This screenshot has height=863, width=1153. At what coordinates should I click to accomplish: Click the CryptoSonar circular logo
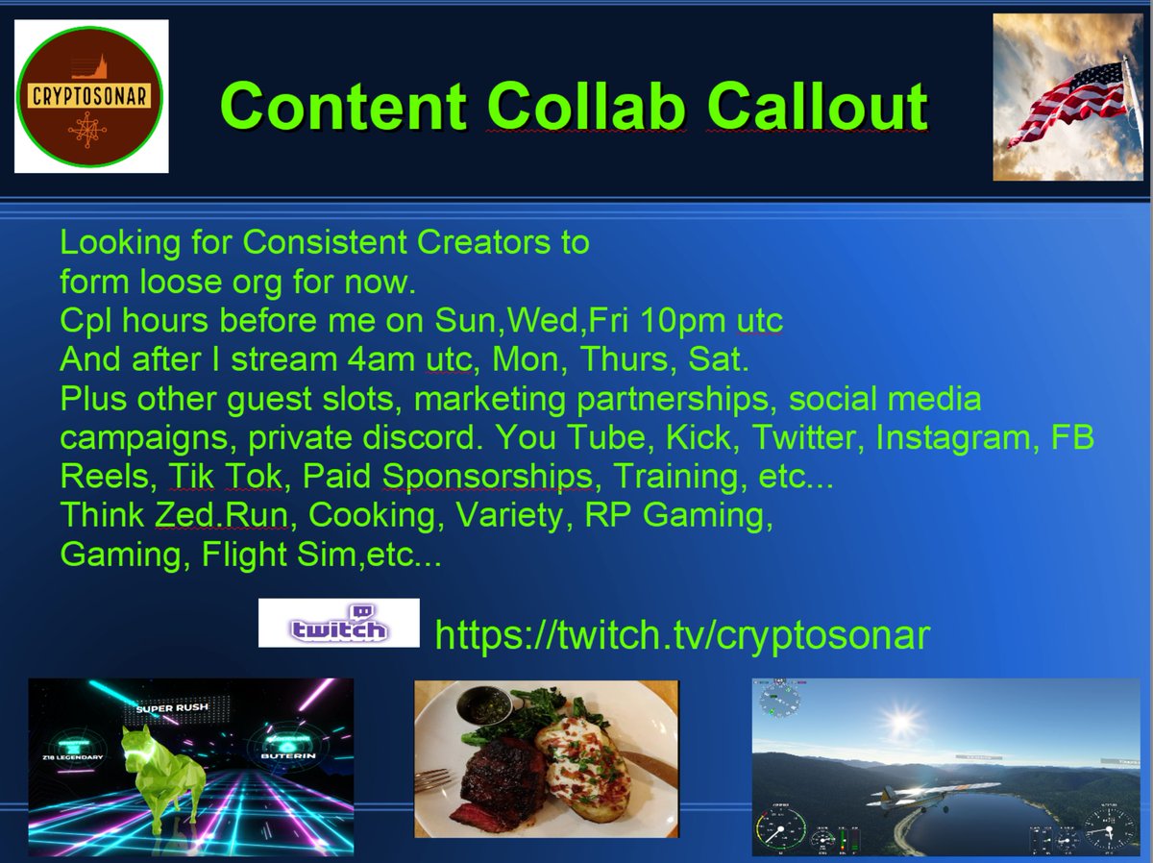(x=92, y=96)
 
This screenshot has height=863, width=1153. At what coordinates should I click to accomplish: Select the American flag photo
(x=1066, y=96)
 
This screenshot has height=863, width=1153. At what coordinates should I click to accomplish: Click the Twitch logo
(x=338, y=623)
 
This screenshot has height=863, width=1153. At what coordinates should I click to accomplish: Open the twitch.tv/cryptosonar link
(x=682, y=635)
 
